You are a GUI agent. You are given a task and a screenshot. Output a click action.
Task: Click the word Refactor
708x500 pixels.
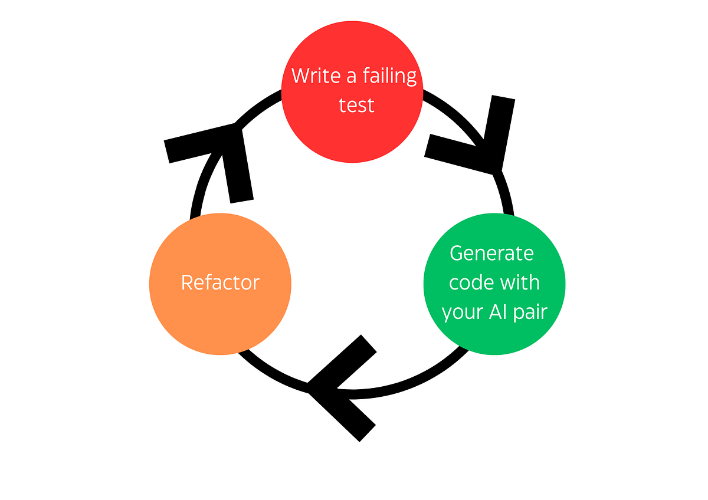point(220,283)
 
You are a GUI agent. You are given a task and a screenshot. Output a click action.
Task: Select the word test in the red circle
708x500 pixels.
point(356,106)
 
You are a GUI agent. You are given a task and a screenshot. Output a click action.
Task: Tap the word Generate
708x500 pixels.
point(491,253)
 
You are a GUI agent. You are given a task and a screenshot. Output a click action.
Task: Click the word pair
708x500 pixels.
point(531,312)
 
